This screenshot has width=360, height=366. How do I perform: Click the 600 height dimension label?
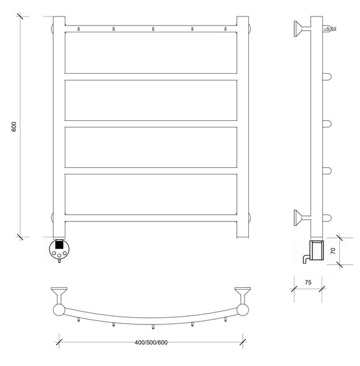[14, 127]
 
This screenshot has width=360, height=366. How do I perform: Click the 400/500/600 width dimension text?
[151, 342]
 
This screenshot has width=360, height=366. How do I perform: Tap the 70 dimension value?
[333, 251]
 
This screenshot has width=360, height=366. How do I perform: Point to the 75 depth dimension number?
[308, 282]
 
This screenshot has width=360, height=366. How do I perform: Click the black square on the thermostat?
[59, 245]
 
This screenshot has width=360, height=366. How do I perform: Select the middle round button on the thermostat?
[59, 256]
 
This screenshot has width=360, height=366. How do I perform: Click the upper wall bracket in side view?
[302, 29]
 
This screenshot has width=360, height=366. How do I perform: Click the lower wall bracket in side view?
[302, 218]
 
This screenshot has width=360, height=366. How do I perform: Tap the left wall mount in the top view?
[59, 295]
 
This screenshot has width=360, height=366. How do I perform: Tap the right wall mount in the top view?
[243, 295]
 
